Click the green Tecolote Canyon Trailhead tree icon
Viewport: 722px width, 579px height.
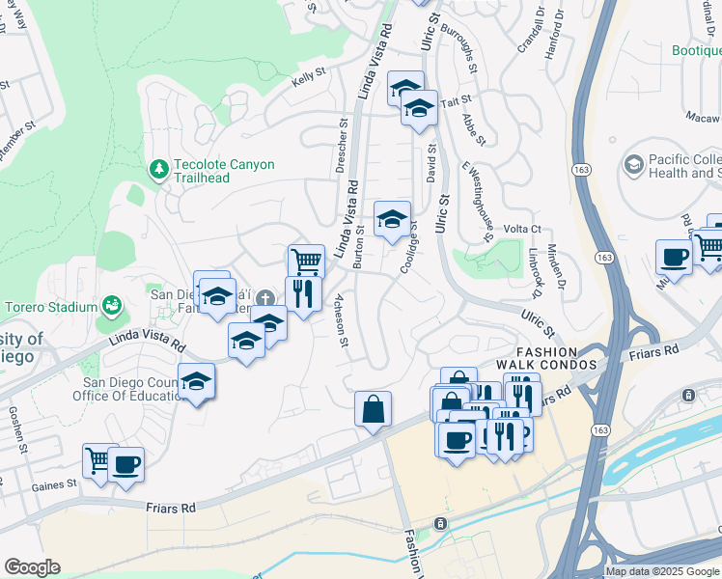(x=159, y=170)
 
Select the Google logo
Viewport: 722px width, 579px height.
(x=32, y=567)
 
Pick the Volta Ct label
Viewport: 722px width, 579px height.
(x=522, y=230)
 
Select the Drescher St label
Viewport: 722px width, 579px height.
(x=341, y=145)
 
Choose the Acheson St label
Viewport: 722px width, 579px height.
(x=341, y=314)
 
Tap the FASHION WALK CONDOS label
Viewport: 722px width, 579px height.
(x=546, y=359)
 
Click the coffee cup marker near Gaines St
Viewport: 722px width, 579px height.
(x=126, y=464)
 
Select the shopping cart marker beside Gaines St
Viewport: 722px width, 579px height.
(x=99, y=460)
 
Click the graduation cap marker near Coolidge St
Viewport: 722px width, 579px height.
(x=392, y=219)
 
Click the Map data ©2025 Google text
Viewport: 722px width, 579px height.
(x=661, y=571)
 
